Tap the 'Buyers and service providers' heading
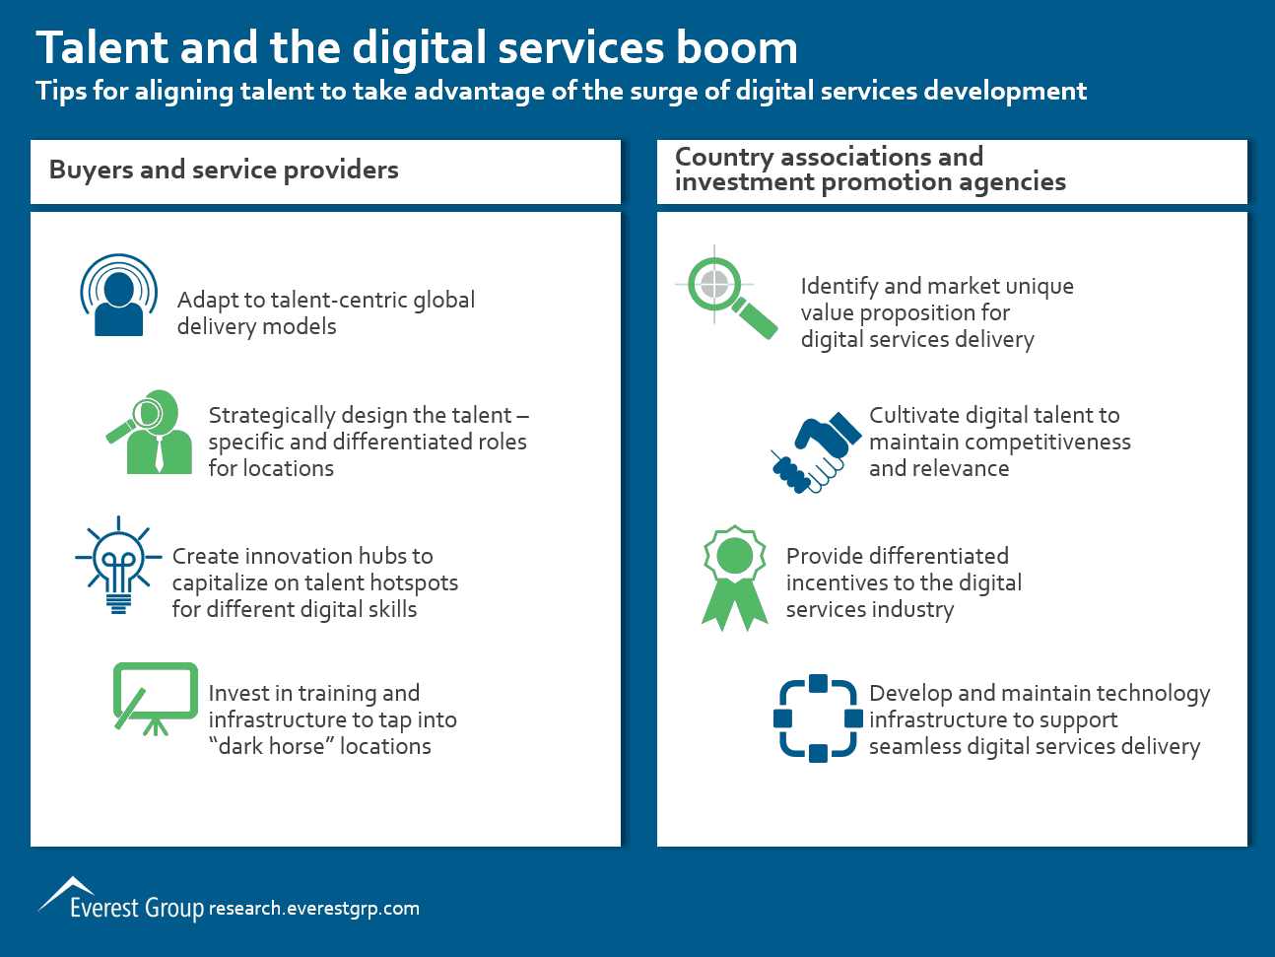coord(224,171)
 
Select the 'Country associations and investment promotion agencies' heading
coord(870,170)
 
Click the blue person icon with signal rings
coord(118,295)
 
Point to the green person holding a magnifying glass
coord(150,433)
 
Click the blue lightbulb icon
coord(118,564)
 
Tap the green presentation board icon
coord(155,699)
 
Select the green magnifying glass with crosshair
coord(726,292)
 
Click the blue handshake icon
coord(816,452)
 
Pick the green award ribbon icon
coord(735,579)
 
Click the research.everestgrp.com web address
coord(313,908)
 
